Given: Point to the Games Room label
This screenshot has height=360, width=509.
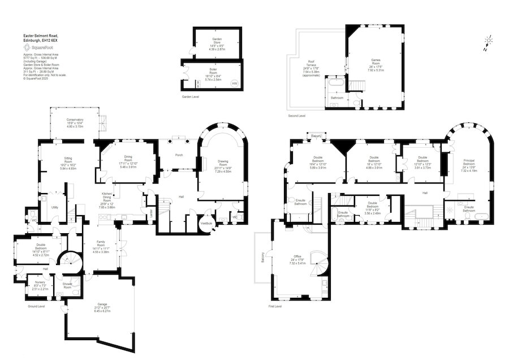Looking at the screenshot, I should tap(376, 62).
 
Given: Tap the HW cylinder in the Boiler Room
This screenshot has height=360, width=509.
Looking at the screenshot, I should tap(235, 84).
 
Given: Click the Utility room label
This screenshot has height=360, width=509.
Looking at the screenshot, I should tap(55, 208).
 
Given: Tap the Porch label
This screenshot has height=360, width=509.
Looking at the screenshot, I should tap(179, 155).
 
